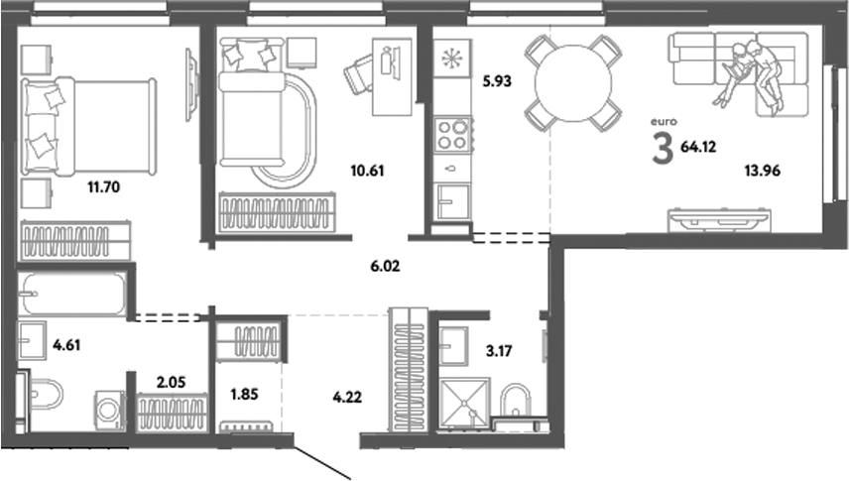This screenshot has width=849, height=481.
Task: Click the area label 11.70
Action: pos(100,185)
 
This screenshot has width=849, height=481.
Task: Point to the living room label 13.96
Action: pos(764,170)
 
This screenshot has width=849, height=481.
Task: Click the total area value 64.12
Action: pos(699,149)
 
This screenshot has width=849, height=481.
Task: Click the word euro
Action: pos(662,122)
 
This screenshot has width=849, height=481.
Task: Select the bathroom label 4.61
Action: pos(66,345)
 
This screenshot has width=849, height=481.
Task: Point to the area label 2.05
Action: pos(173,379)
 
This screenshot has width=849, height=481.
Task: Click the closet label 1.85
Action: pos(245,394)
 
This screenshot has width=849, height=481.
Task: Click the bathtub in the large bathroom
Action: pos(72,293)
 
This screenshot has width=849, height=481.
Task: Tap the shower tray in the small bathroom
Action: pos(463,405)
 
